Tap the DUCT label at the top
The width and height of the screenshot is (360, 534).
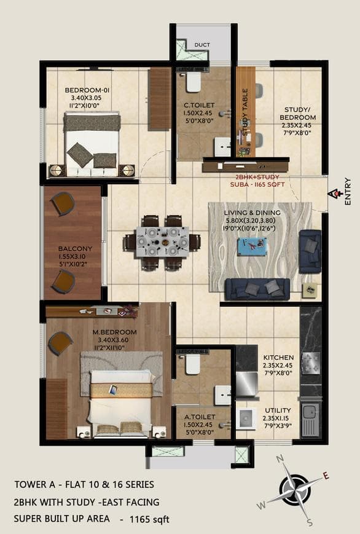(202, 45)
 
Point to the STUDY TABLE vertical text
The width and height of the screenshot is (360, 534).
(245, 112)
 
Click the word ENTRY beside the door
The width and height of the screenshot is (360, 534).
(348, 191)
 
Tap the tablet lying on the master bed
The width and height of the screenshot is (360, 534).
(113, 389)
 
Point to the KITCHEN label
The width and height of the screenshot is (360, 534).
(278, 358)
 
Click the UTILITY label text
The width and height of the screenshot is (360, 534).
(278, 410)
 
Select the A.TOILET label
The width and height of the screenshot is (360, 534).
(198, 416)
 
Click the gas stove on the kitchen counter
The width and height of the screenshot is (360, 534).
(311, 361)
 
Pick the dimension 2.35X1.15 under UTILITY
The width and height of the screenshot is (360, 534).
(278, 419)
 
